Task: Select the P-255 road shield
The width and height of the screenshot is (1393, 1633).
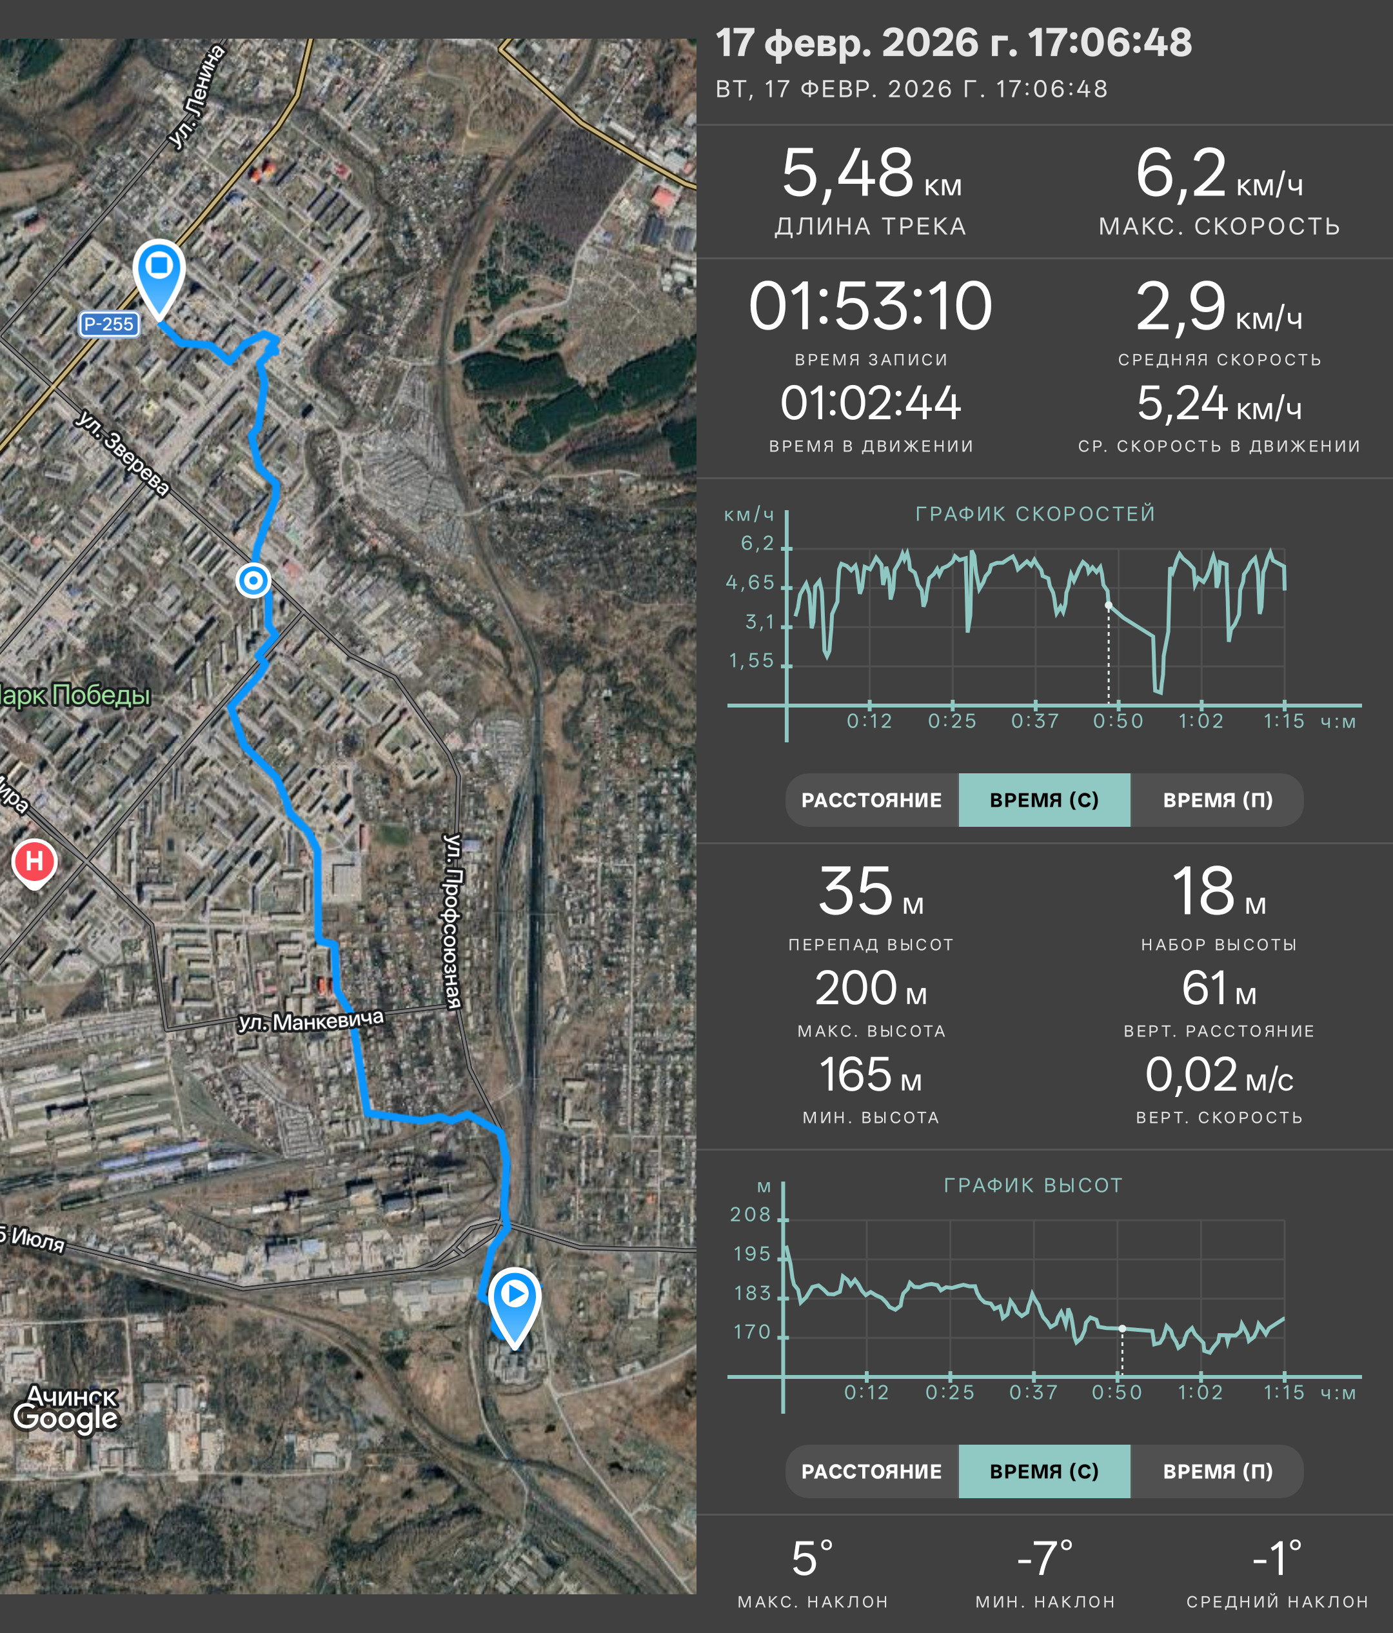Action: [109, 324]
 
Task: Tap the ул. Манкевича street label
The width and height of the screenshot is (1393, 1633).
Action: [311, 1020]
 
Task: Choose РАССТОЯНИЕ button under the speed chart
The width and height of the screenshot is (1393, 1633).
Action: [871, 800]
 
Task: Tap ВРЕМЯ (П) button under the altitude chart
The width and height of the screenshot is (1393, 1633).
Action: [1218, 1471]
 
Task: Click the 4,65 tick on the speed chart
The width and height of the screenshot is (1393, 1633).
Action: [750, 583]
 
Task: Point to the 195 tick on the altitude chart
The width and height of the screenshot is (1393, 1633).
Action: [752, 1254]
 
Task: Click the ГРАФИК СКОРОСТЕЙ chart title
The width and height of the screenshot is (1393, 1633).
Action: [1035, 514]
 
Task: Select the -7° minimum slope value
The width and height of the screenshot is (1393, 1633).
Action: [1045, 1558]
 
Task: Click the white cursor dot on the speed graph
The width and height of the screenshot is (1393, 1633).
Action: [1109, 606]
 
